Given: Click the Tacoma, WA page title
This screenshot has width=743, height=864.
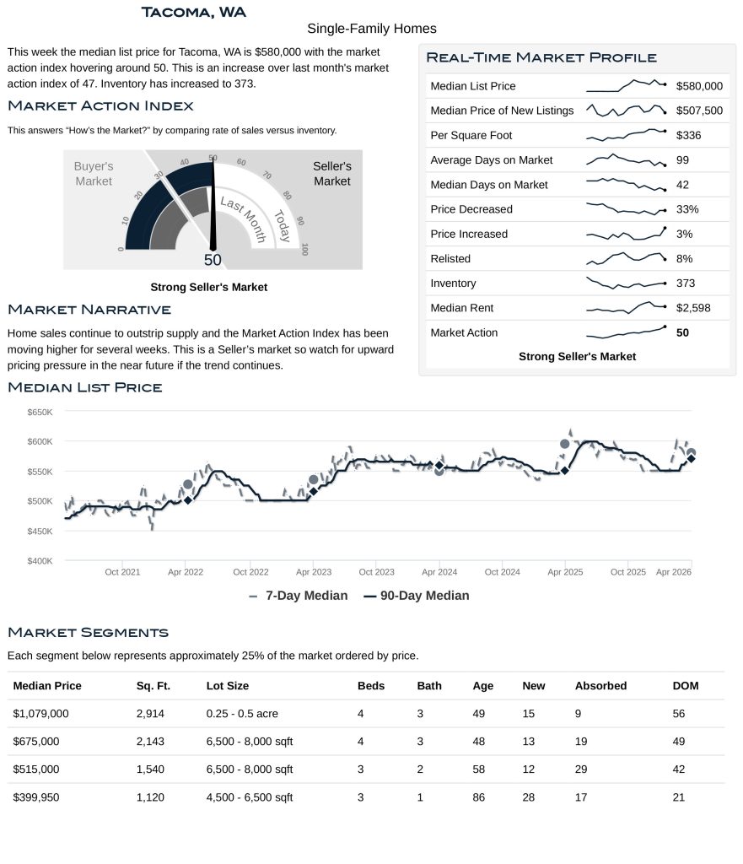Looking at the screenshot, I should (194, 12).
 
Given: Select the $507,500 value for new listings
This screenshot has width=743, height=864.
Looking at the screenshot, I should (699, 111).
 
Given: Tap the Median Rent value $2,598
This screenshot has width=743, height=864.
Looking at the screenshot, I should (693, 308).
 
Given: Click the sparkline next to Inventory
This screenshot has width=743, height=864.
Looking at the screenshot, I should (626, 283).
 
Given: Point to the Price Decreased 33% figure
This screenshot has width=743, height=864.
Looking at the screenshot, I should (687, 209).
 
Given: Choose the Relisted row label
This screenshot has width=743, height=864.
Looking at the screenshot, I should (450, 259).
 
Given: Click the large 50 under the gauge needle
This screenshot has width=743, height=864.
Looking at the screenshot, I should (213, 260).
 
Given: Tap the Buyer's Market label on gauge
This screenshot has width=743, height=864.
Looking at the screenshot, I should (93, 174).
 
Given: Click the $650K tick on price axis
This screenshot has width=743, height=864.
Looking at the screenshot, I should (40, 412).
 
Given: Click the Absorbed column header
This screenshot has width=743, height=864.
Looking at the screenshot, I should (600, 686).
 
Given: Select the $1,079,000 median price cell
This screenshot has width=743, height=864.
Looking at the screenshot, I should (40, 714).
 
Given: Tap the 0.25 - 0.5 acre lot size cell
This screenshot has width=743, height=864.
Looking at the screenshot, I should (242, 714).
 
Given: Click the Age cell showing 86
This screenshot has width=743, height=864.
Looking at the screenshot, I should (479, 796).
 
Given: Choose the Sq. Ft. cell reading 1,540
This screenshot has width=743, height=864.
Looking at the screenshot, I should (150, 769).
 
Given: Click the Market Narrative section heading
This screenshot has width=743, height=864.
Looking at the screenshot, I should (89, 310).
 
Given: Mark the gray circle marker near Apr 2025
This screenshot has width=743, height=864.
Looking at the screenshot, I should (565, 444).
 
